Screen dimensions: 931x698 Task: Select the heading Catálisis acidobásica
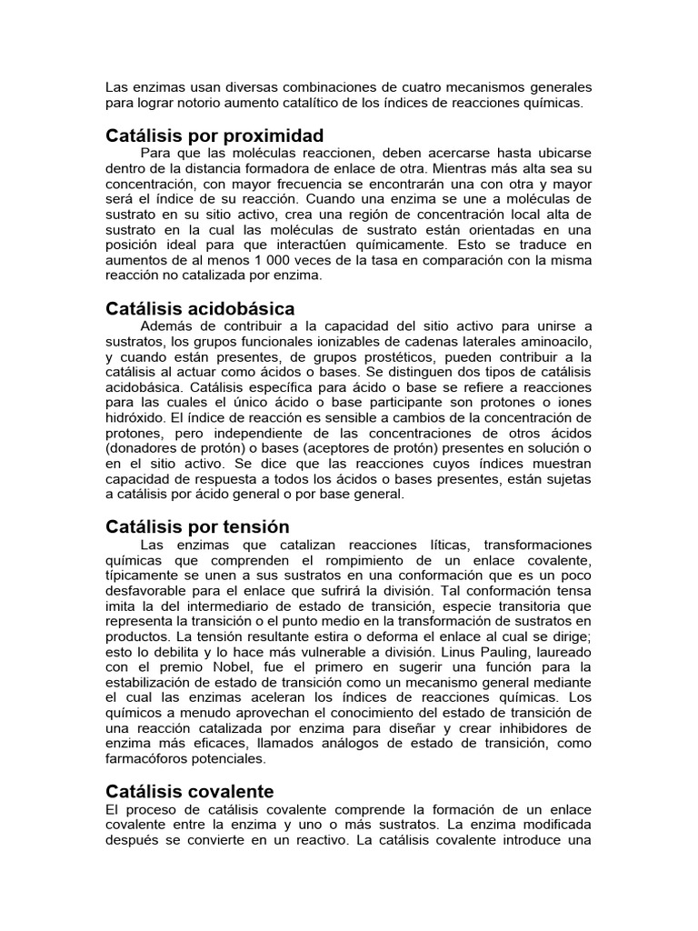(x=200, y=309)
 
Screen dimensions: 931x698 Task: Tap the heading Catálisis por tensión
(x=197, y=526)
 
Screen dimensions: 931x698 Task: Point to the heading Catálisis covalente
(x=189, y=791)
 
